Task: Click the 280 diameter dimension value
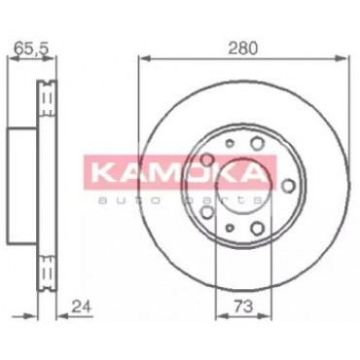[243, 48]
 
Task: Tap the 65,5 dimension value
[32, 49]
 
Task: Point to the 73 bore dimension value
[243, 306]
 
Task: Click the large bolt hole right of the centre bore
[288, 186]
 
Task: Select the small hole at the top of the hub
[230, 143]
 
